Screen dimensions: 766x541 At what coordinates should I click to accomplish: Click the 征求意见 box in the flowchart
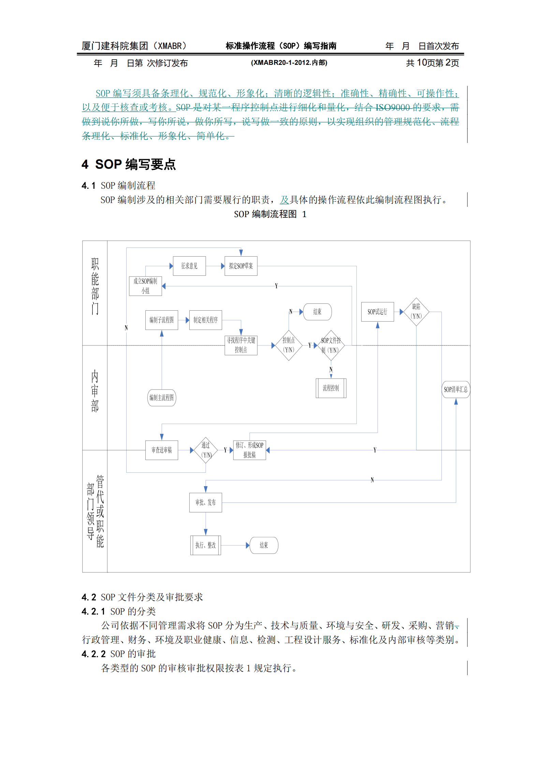click(189, 266)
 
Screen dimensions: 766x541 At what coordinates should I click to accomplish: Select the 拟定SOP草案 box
click(241, 266)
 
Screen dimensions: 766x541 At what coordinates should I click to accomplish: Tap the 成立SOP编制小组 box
click(145, 286)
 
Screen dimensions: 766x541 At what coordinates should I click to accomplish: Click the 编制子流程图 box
click(161, 320)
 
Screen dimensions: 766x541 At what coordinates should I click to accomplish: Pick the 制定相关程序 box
click(205, 320)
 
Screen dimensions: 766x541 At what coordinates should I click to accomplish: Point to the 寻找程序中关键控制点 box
click(241, 345)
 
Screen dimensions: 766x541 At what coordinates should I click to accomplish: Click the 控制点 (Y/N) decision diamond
click(289, 345)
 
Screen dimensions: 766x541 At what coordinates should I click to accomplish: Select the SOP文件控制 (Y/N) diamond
click(331, 345)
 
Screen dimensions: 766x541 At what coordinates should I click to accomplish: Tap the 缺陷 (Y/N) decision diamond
click(416, 311)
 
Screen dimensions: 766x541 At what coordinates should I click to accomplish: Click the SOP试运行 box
click(377, 312)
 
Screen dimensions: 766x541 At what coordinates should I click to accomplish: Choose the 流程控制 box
click(331, 388)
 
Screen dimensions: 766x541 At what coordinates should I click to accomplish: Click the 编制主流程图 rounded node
click(162, 398)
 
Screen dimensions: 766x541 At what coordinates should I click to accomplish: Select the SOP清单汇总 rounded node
click(456, 389)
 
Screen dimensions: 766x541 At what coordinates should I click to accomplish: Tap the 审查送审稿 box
click(161, 450)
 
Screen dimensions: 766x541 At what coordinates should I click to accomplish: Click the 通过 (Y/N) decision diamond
click(206, 450)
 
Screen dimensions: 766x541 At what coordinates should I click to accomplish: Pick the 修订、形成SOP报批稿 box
click(249, 450)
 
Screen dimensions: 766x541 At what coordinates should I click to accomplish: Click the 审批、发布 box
click(205, 502)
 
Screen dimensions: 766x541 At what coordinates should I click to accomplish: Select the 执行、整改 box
click(205, 545)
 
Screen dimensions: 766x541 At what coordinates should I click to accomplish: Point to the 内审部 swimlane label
click(95, 391)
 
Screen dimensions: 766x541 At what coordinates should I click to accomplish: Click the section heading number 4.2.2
click(93, 654)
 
